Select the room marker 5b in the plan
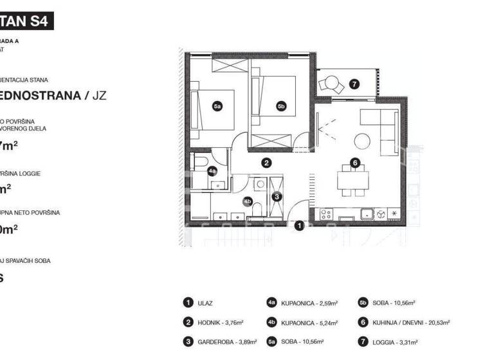pyautogui.click(x=280, y=106)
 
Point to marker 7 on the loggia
pyautogui.click(x=354, y=84)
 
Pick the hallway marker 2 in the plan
pyautogui.click(x=266, y=163)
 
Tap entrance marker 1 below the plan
pyautogui.click(x=298, y=225)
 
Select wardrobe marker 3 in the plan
pyautogui.click(x=277, y=196)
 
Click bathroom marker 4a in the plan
pyautogui.click(x=212, y=171)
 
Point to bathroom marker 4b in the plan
pyautogui.click(x=248, y=201)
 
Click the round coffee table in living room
pyautogui.click(x=362, y=140)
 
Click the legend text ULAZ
pyautogui.click(x=206, y=303)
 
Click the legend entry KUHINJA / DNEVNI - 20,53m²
pyautogui.click(x=411, y=323)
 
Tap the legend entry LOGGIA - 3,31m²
pyautogui.click(x=398, y=343)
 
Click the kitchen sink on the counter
pyautogui.click(x=367, y=214)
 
